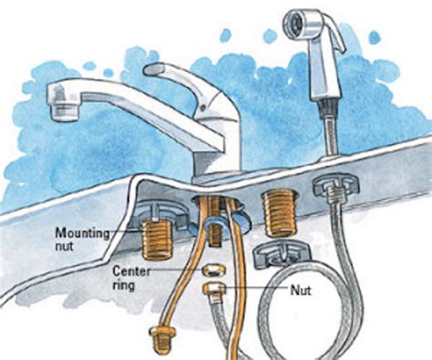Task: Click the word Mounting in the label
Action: (x=82, y=233)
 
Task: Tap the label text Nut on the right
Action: (x=301, y=291)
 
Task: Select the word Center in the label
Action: (x=131, y=271)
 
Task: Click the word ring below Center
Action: (x=123, y=285)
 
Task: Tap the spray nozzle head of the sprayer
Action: (x=294, y=21)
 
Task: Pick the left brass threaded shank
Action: (x=157, y=240)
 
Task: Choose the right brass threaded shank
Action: (x=280, y=213)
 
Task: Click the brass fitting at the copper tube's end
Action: (x=161, y=339)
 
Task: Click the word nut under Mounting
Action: (x=64, y=246)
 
